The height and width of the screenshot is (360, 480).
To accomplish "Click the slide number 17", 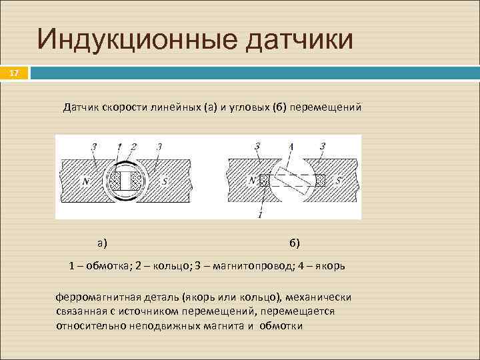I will click(x=14, y=73).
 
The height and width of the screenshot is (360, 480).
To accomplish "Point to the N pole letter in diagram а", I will click(x=85, y=180).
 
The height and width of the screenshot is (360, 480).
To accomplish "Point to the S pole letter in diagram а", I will click(x=164, y=180).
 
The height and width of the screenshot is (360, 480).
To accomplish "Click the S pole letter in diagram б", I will click(x=338, y=179).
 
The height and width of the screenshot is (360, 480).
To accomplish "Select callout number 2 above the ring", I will click(x=133, y=147).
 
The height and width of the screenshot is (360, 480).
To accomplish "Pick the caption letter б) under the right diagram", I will click(x=295, y=241).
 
